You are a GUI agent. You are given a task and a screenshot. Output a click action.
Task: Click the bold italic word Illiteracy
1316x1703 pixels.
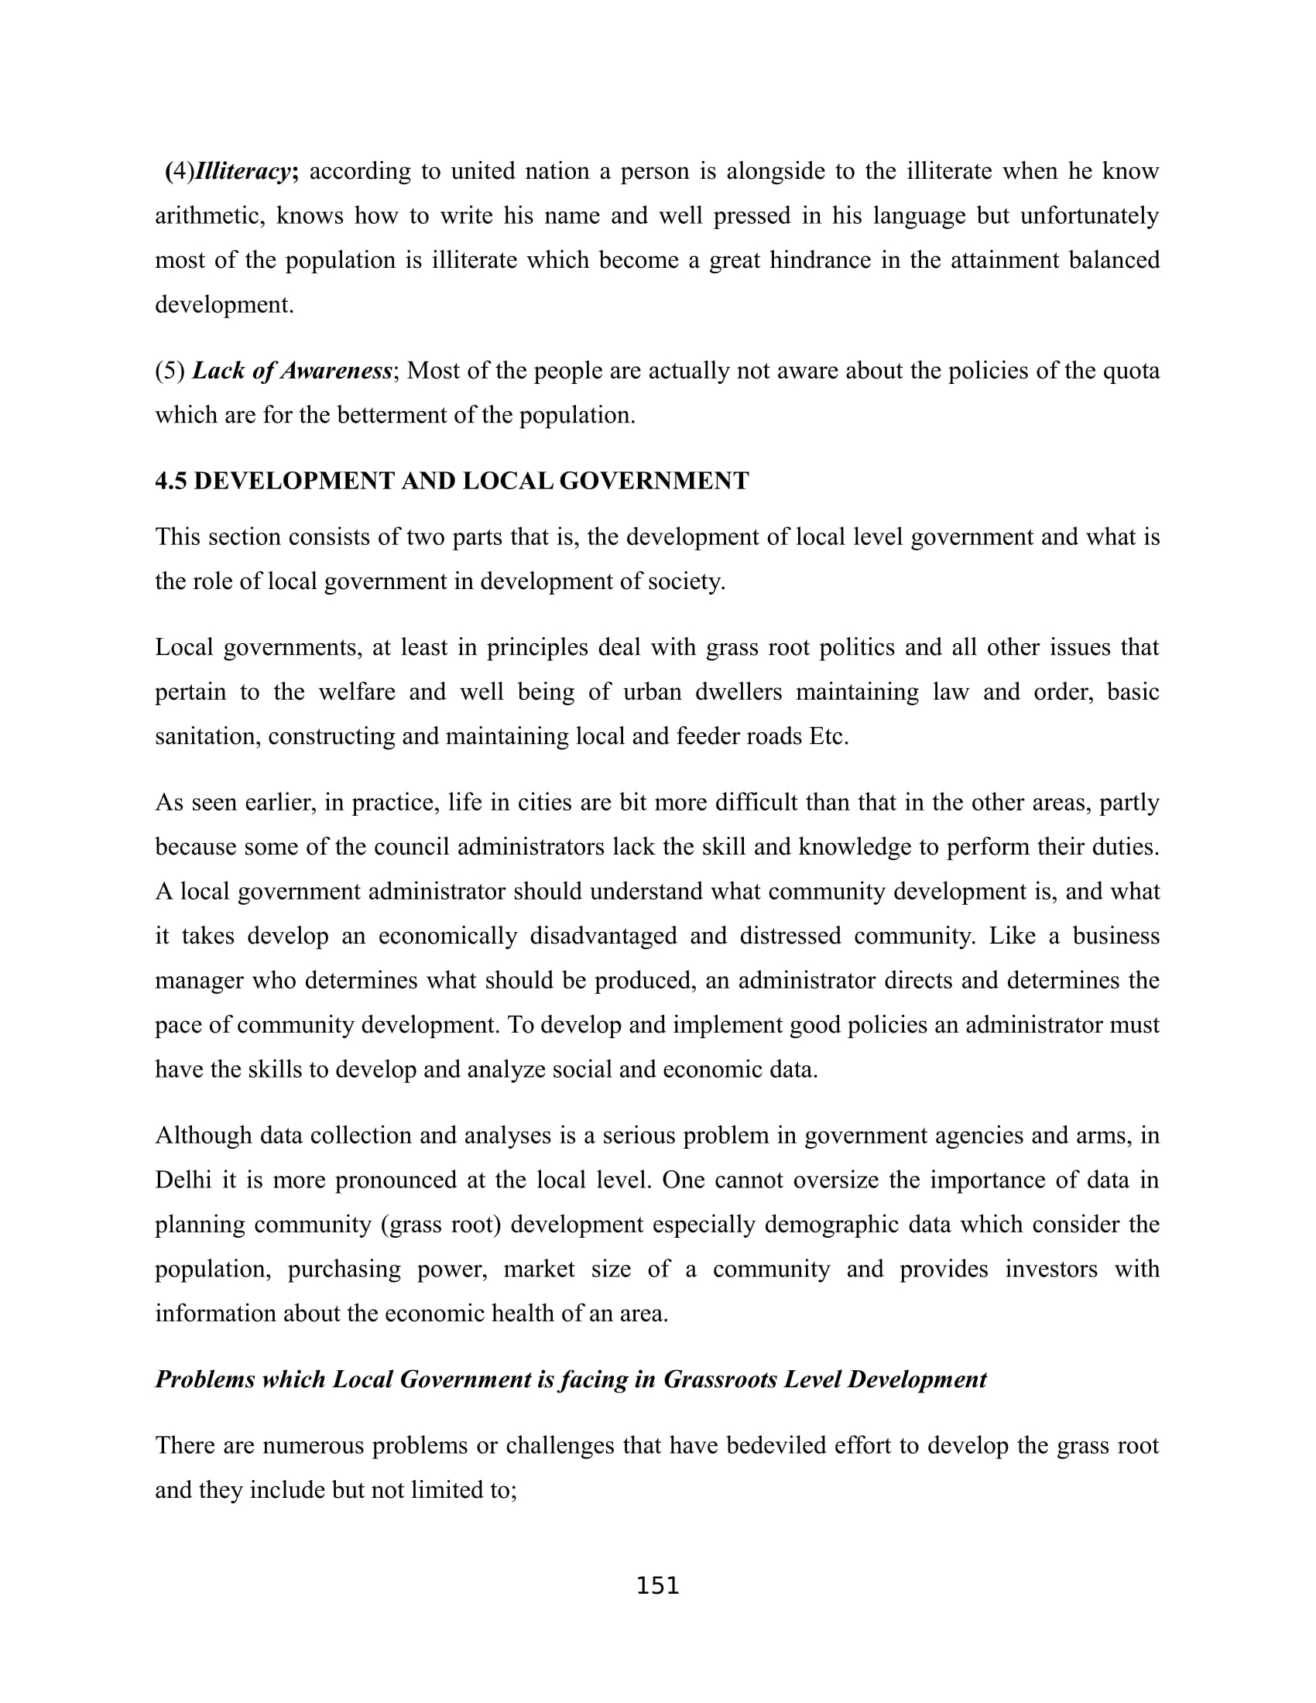point(242,171)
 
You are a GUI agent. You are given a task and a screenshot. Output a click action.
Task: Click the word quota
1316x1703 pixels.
point(1131,370)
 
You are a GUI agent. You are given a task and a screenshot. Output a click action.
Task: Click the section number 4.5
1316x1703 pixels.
point(171,481)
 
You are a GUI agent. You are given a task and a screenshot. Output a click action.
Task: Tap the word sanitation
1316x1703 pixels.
point(207,736)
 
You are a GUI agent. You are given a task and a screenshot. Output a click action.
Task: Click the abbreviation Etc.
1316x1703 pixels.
point(829,736)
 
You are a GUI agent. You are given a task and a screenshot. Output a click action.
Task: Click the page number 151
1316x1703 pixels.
point(658,1586)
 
